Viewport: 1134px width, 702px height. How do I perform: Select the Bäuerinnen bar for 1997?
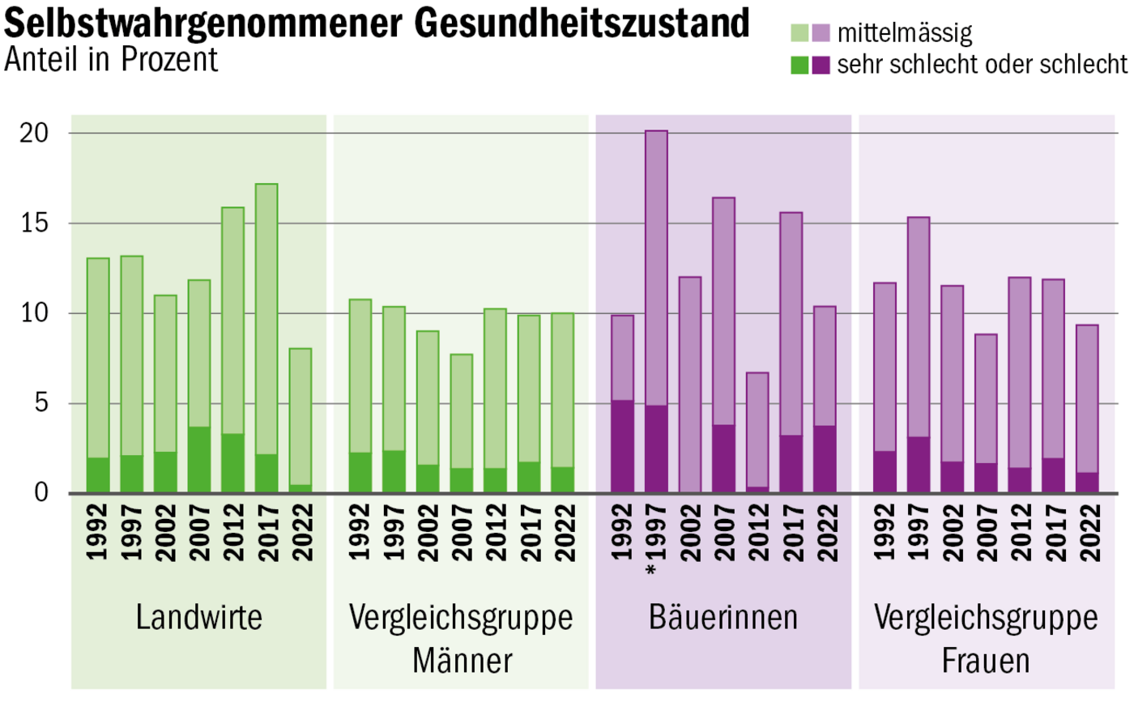[x=656, y=312]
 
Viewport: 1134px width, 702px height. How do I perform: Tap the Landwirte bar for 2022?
[x=300, y=420]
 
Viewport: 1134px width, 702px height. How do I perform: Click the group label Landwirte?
[x=199, y=618]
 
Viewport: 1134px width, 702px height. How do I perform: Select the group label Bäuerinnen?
[x=723, y=618]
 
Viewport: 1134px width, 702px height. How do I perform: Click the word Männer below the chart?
[x=462, y=661]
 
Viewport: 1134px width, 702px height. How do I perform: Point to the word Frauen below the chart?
[x=986, y=661]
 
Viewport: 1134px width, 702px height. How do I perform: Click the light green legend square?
[x=799, y=34]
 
